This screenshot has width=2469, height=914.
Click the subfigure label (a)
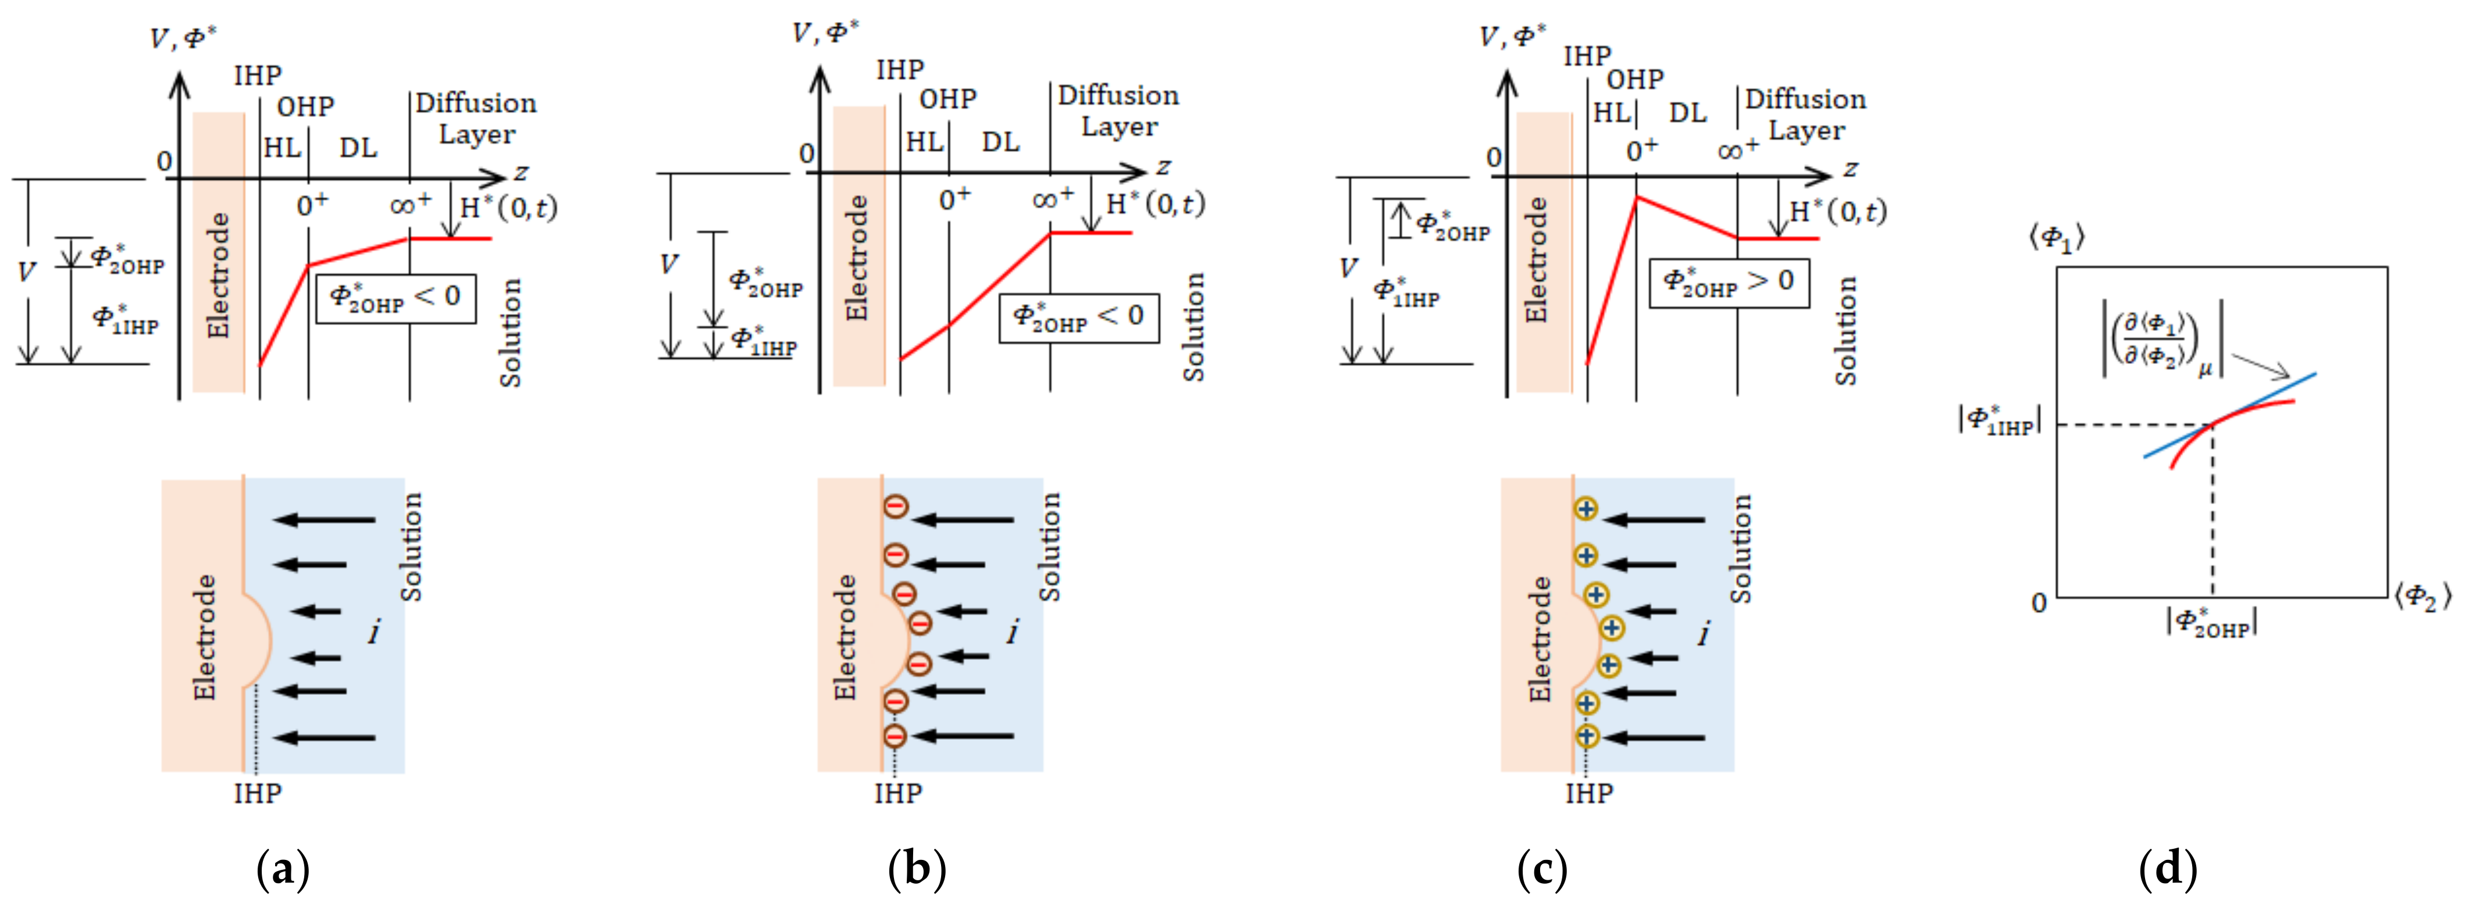pyautogui.click(x=284, y=870)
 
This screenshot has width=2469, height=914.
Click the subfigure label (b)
pyautogui.click(x=917, y=870)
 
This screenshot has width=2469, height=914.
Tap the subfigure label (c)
pyautogui.click(x=1542, y=870)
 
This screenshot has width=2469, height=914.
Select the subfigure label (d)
pyautogui.click(x=2168, y=870)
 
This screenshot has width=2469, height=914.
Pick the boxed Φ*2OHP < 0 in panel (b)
pyautogui.click(x=1078, y=318)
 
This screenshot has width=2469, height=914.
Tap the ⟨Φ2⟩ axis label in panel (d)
pyautogui.click(x=2422, y=598)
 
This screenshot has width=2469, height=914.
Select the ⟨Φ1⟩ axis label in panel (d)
pyautogui.click(x=2057, y=238)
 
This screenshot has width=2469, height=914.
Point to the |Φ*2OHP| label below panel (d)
pyautogui.click(x=2211, y=623)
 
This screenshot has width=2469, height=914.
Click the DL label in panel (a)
pyautogui.click(x=358, y=148)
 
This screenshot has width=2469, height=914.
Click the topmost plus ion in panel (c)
pyautogui.click(x=1586, y=509)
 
